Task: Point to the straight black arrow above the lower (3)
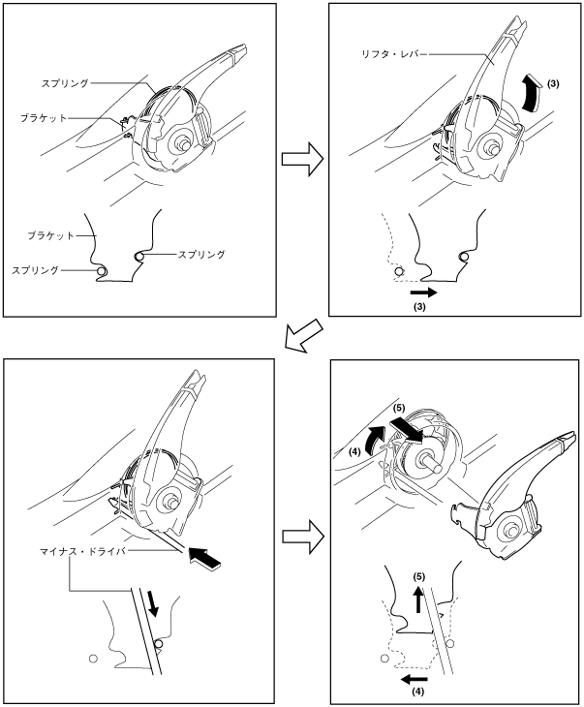coord(422,289)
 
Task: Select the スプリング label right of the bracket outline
coord(201,255)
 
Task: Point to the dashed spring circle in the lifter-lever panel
coord(397,275)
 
